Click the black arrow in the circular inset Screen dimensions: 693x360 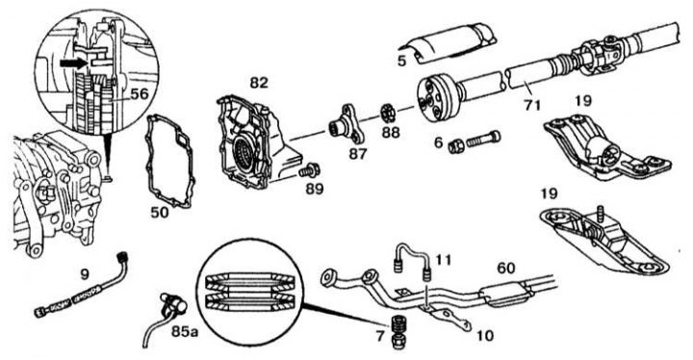[x=74, y=64]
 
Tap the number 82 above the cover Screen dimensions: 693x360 [x=259, y=83]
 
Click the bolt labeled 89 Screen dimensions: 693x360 [x=309, y=169]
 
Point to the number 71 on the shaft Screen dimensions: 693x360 [x=531, y=105]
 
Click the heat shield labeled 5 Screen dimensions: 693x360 [x=449, y=42]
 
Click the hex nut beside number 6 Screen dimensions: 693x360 [x=455, y=146]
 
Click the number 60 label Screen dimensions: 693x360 [x=506, y=268]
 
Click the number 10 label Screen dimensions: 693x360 [x=484, y=336]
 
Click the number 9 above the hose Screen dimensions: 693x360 [x=84, y=275]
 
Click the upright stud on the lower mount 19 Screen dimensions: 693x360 [x=600, y=212]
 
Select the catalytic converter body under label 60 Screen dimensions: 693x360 [x=505, y=295]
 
